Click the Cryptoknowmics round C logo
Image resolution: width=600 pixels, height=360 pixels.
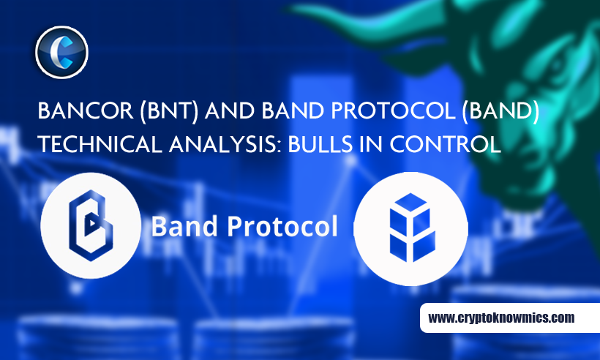[x=61, y=53]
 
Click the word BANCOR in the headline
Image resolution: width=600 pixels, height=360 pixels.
[x=86, y=110]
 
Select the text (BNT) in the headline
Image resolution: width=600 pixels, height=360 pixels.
[x=169, y=111]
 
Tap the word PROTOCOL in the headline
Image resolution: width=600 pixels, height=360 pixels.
[x=393, y=110]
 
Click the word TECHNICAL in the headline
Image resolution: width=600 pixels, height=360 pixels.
[x=100, y=145]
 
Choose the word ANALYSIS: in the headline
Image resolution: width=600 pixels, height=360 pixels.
[x=225, y=145]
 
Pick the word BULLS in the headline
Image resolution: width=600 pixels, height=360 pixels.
[x=320, y=145]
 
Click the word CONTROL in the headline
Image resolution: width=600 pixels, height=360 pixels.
[x=445, y=145]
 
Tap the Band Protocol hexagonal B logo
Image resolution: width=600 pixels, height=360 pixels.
[x=91, y=225]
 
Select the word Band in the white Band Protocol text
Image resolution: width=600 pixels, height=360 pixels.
[x=184, y=226]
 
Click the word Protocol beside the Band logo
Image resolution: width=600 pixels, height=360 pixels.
[x=282, y=226]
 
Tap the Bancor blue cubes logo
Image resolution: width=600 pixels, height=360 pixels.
[x=412, y=228]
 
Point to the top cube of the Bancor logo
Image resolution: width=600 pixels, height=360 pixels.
[x=410, y=203]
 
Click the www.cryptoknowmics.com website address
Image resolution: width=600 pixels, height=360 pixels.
[x=501, y=318]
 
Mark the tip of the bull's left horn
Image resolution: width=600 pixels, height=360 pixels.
[x=290, y=7]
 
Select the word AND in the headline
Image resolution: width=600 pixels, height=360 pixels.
[x=230, y=110]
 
